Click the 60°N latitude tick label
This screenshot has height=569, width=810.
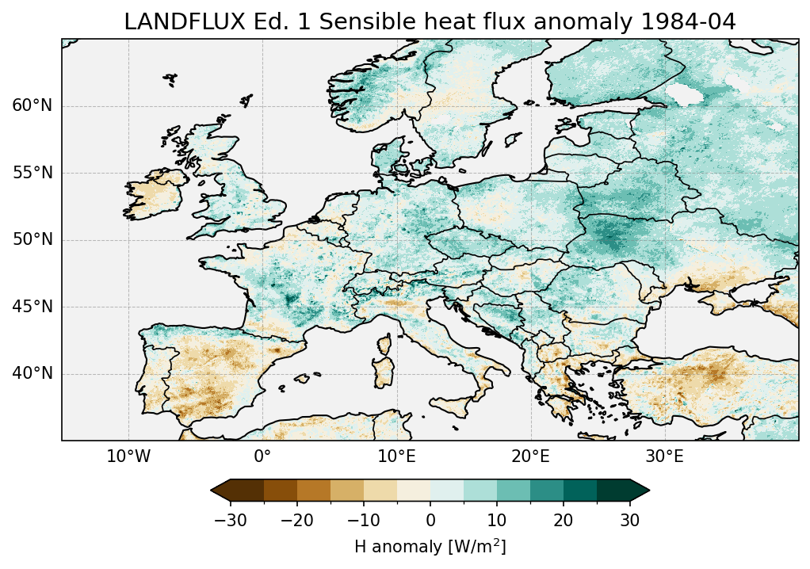pos(32,106)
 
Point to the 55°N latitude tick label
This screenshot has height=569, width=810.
pos(32,173)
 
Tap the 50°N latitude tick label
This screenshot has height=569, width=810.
pos(32,239)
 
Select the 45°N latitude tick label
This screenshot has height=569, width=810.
pos(32,307)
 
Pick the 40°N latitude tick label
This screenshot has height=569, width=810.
pos(32,373)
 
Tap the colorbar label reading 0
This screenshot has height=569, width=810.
pos(430,520)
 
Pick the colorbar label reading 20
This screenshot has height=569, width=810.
pos(564,520)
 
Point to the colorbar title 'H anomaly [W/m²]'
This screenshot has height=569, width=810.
pos(430,547)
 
